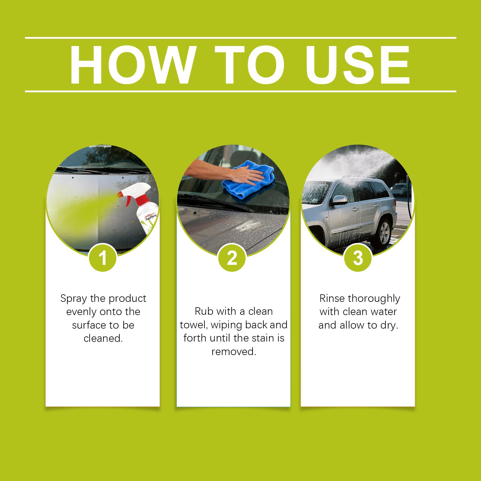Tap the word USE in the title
pos(358,65)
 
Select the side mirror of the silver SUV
pos(338,201)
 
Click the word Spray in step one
pos(74,299)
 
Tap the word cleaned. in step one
pos(103,338)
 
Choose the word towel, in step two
pos(194,325)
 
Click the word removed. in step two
pos(234,351)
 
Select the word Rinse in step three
pos(332,299)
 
